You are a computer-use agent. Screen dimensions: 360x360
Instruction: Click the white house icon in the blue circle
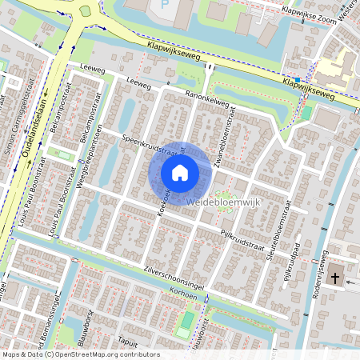[180, 172]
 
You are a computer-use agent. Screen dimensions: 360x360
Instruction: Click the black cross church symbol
[336, 279]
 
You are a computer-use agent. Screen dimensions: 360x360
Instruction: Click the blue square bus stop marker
[296, 80]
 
